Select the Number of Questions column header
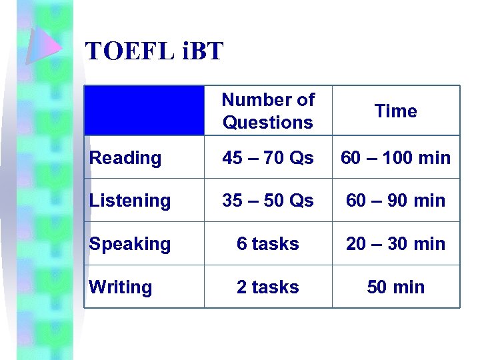pos(268,111)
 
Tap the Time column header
pos(395,111)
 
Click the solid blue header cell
pos(145,111)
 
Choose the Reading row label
pos(125,158)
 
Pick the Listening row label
pos(130,201)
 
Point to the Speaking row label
pos(130,244)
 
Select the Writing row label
pos(121,287)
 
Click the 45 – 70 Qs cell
pos(268,158)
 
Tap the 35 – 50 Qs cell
pos(268,201)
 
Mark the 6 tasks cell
pos(268,244)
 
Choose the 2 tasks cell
pos(268,287)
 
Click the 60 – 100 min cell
pos(395,158)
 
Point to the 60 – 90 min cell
pos(395,201)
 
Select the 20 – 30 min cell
pos(395,244)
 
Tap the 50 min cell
pos(395,287)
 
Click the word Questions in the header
pos(268,123)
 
